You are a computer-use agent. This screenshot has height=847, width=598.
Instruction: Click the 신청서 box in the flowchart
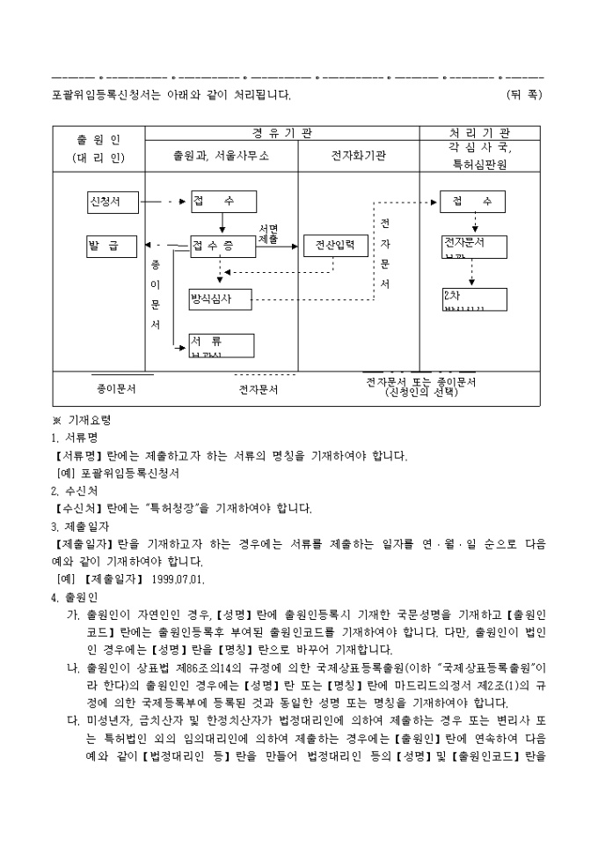point(114,202)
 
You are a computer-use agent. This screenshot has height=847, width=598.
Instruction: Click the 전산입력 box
point(335,246)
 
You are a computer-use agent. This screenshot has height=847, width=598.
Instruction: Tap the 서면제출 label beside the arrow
point(269,234)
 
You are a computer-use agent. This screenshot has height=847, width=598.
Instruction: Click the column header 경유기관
point(281,133)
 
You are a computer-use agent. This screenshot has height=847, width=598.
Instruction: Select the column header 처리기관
point(478,133)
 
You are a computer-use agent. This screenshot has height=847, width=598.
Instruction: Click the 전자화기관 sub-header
point(359,156)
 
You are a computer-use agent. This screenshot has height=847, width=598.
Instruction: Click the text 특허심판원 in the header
point(478,164)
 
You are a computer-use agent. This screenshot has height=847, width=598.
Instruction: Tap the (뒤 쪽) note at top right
point(524,93)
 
